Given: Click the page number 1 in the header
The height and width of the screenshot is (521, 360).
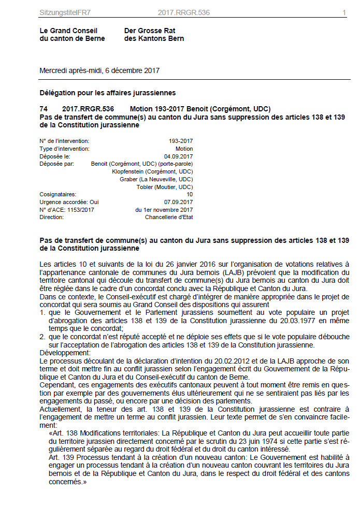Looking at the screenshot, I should [x=344, y=12].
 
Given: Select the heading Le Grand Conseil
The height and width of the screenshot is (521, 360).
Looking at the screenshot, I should [x=68, y=31].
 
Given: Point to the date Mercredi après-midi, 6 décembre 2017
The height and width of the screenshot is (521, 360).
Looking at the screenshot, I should [x=99, y=70].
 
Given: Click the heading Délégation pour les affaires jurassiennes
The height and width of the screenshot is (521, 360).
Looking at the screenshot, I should [x=108, y=93].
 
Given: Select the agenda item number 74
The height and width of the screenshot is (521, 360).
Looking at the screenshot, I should [x=44, y=109].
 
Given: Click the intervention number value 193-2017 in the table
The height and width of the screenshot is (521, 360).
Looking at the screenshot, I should [x=181, y=141].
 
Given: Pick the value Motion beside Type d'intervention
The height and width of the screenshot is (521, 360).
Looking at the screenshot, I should [x=184, y=149].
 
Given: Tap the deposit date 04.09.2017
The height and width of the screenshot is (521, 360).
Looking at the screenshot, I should [x=178, y=156].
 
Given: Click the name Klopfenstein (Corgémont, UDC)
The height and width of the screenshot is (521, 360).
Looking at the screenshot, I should [x=152, y=171].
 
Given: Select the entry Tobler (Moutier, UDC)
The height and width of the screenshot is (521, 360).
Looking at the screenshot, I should [x=165, y=187].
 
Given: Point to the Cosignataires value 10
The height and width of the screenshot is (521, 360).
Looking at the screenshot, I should [x=190, y=194].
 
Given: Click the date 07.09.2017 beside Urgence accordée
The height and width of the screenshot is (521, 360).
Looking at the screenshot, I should [x=178, y=202].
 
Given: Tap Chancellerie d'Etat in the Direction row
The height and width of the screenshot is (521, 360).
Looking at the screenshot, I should [x=169, y=217].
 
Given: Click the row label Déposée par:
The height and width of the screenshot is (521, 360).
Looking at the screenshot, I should [x=57, y=164].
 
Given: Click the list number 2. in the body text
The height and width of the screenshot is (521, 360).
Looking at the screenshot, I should [x=42, y=337].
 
